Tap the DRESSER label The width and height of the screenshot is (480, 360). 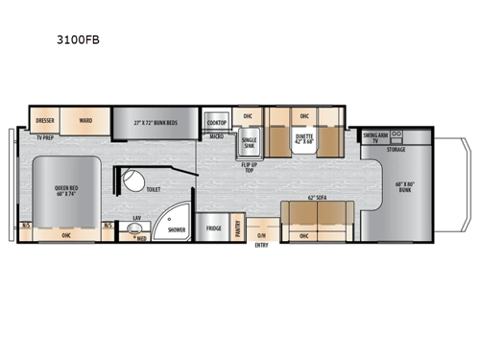44,121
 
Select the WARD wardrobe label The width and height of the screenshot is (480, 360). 85,121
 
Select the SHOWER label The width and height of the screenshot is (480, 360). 177,230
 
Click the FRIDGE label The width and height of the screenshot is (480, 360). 213,228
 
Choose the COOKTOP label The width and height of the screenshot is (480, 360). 217,122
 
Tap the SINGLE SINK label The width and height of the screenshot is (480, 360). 249,144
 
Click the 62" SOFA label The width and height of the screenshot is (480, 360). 316,198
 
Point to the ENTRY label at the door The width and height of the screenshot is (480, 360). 261,244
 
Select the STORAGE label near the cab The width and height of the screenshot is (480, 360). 396,150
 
